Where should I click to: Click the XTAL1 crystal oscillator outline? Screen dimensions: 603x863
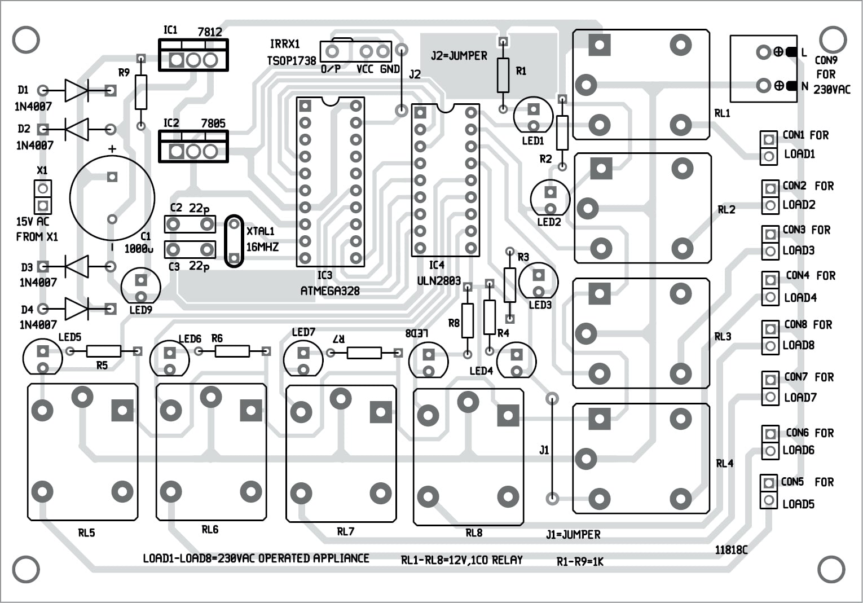234,241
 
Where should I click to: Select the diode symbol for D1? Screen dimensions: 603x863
76,90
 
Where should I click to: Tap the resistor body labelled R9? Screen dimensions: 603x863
141,92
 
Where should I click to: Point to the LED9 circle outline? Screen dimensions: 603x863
140,287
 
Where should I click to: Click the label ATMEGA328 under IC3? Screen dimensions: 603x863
330,291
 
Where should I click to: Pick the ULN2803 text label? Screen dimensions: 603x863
438,280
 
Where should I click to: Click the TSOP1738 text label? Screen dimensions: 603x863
291,60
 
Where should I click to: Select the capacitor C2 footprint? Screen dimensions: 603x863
190,225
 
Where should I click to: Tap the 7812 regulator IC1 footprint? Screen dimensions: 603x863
193,55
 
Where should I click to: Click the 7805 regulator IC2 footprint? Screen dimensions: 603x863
193,147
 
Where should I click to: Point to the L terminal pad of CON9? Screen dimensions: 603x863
764,52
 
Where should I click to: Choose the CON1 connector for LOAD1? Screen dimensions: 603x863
768,147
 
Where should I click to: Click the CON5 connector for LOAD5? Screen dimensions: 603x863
768,491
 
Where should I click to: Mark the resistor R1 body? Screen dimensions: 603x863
503,74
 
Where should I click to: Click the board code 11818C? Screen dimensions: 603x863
731,549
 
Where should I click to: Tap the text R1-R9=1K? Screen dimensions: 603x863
580,561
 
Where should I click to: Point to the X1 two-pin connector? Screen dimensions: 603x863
42,196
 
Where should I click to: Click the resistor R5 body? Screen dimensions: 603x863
104,351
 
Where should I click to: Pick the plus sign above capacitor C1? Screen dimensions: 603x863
112,149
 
